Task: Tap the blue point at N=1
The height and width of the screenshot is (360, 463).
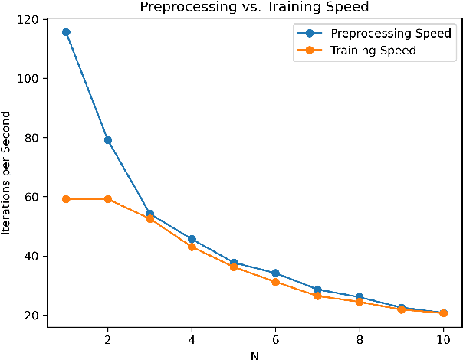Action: point(66,32)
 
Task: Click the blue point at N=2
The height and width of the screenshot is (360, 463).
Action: point(108,140)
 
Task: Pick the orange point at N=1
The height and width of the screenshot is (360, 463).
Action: point(66,199)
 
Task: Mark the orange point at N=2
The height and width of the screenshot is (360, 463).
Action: point(108,199)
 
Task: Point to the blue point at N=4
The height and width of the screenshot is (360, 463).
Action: point(192,239)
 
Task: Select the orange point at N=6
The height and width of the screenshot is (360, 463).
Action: point(275,282)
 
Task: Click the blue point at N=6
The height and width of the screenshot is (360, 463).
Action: point(275,273)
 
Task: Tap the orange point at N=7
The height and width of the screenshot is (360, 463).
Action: point(317,296)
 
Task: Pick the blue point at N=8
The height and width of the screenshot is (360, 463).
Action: point(359,297)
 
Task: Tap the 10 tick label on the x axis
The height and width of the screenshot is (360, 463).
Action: point(442,339)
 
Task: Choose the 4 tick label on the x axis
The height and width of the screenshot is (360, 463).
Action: point(192,339)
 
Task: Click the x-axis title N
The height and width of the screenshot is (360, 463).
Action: point(254,354)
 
